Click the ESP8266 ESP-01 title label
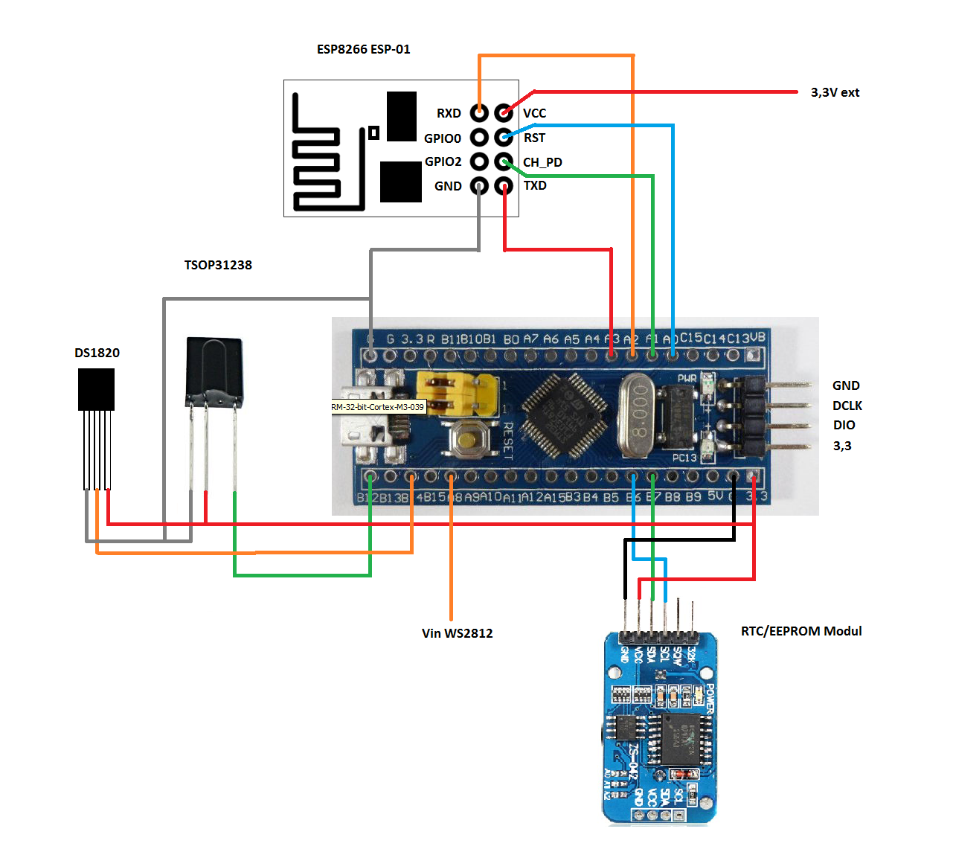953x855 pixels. tap(363, 49)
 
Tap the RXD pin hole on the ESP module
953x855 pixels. tap(480, 113)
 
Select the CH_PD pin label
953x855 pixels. tap(542, 162)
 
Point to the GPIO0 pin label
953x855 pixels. tap(443, 138)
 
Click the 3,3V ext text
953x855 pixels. tap(835, 92)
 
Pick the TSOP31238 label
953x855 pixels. tap(218, 265)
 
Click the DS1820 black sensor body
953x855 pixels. tap(96, 389)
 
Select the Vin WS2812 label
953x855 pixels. tap(457, 633)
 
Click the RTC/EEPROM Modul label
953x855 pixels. tap(801, 631)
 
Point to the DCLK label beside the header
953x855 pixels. tap(847, 406)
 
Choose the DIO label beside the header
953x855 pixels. tap(844, 425)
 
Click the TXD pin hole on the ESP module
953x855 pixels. tap(504, 185)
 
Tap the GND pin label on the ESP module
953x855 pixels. tap(448, 186)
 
